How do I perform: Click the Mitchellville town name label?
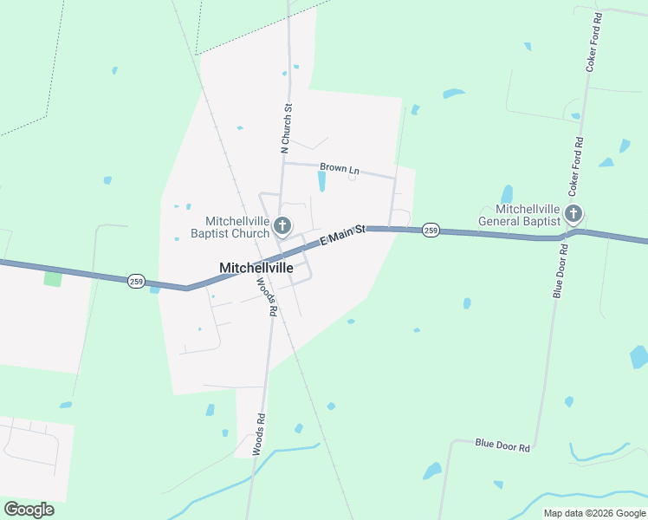(256, 268)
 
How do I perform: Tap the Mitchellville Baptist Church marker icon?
(282, 227)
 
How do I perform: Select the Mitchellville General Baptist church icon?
(573, 213)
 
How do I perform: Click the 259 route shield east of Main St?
(431, 230)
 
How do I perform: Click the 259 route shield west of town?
(136, 282)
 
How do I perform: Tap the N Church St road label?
(288, 129)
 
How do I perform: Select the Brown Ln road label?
(339, 169)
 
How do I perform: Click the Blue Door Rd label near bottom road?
(502, 445)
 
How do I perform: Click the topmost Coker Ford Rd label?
(593, 42)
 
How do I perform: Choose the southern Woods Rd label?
(259, 434)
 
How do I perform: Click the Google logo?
(29, 510)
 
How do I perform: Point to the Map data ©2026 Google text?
(593, 513)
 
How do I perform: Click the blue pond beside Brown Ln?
(322, 181)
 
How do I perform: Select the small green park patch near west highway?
(53, 279)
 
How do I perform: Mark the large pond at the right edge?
(638, 356)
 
